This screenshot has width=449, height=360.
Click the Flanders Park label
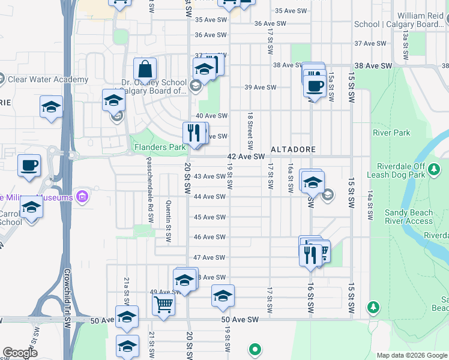click(160, 147)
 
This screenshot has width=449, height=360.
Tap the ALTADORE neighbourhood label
click(292, 148)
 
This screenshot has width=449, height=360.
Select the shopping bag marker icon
click(145, 69)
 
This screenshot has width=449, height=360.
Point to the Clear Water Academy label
click(49, 80)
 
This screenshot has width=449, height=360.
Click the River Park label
click(391, 132)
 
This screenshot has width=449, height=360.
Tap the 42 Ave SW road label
click(246, 157)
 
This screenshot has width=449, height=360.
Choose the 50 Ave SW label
click(240, 320)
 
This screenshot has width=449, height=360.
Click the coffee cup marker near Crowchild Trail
click(28, 166)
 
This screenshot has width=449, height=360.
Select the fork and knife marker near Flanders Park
click(193, 133)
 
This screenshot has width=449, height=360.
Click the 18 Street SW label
click(249, 131)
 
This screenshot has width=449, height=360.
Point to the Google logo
click(20, 353)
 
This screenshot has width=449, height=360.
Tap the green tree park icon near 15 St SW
click(373, 307)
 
